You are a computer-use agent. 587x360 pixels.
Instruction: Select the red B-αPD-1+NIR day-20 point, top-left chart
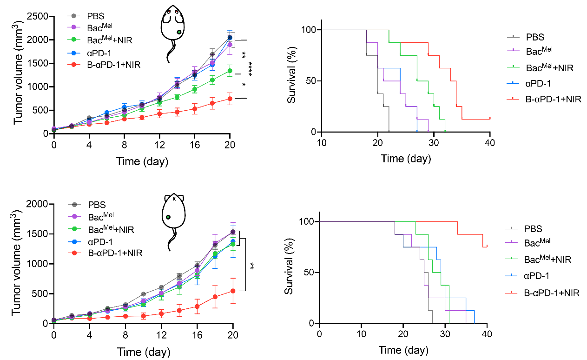(x=230, y=99)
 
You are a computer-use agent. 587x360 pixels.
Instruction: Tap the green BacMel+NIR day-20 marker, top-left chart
(x=230, y=71)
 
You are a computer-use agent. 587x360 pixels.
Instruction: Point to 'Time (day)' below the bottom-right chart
(x=402, y=349)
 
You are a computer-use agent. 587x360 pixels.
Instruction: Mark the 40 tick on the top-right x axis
(x=490, y=142)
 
